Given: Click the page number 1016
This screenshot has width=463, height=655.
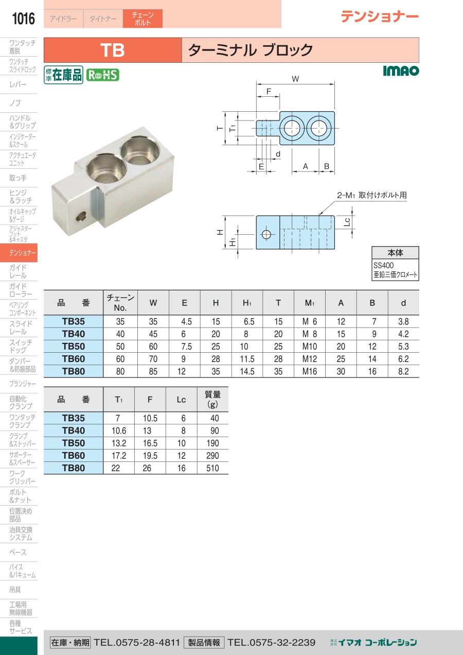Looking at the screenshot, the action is pyautogui.click(x=23, y=19).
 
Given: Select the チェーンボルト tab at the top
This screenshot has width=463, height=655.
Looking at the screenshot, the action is pyautogui.click(x=143, y=19).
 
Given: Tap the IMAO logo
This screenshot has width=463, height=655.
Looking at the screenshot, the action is pyautogui.click(x=401, y=71).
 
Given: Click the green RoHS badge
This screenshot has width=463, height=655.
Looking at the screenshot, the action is pyautogui.click(x=103, y=75).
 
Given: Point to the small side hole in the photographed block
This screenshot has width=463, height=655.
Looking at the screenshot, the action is pyautogui.click(x=81, y=217).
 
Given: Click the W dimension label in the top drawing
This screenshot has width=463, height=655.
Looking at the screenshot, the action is pyautogui.click(x=295, y=79).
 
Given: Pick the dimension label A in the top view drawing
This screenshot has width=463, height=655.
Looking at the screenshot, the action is pyautogui.click(x=305, y=166).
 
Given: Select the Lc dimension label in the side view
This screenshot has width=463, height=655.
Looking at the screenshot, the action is pyautogui.click(x=347, y=222).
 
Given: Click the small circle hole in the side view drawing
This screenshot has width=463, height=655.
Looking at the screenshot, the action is pyautogui.click(x=266, y=234).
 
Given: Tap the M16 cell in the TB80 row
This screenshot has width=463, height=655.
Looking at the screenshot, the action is pyautogui.click(x=309, y=371).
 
